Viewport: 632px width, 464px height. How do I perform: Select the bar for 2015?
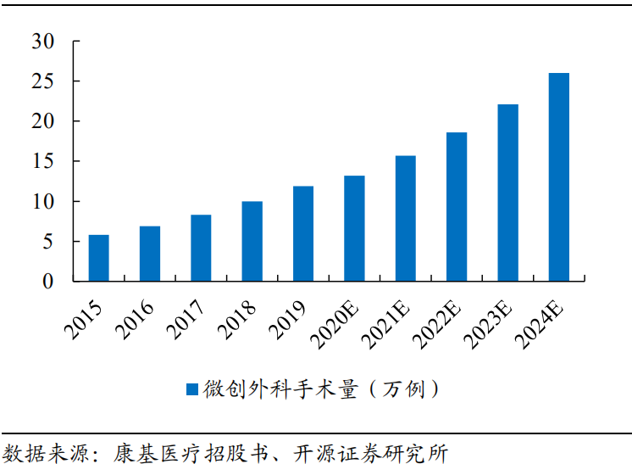pos(99,258)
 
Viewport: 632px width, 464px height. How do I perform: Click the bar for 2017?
pos(201,248)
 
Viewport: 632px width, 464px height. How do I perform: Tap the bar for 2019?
pos(303,233)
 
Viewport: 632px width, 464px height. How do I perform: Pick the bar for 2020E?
pos(354,228)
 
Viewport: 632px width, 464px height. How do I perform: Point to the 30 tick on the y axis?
pos(42,41)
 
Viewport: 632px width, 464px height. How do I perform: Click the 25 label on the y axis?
pos(42,81)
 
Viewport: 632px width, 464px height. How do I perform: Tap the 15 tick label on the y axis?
pos(42,161)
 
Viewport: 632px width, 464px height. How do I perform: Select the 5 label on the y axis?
pos(47,242)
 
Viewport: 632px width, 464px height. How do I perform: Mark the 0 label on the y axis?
pos(47,282)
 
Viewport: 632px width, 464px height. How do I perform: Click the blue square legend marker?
pos(191,389)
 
